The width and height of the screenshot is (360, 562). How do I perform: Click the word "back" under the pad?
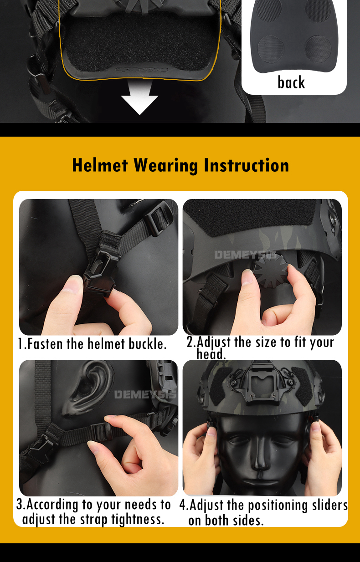click(x=291, y=82)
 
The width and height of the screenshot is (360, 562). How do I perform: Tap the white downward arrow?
click(x=140, y=98)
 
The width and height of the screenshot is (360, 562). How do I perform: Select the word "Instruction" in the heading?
click(x=247, y=165)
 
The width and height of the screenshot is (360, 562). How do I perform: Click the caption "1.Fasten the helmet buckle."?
click(x=93, y=343)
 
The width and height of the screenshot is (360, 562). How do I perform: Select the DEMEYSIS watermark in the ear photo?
click(x=145, y=394)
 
